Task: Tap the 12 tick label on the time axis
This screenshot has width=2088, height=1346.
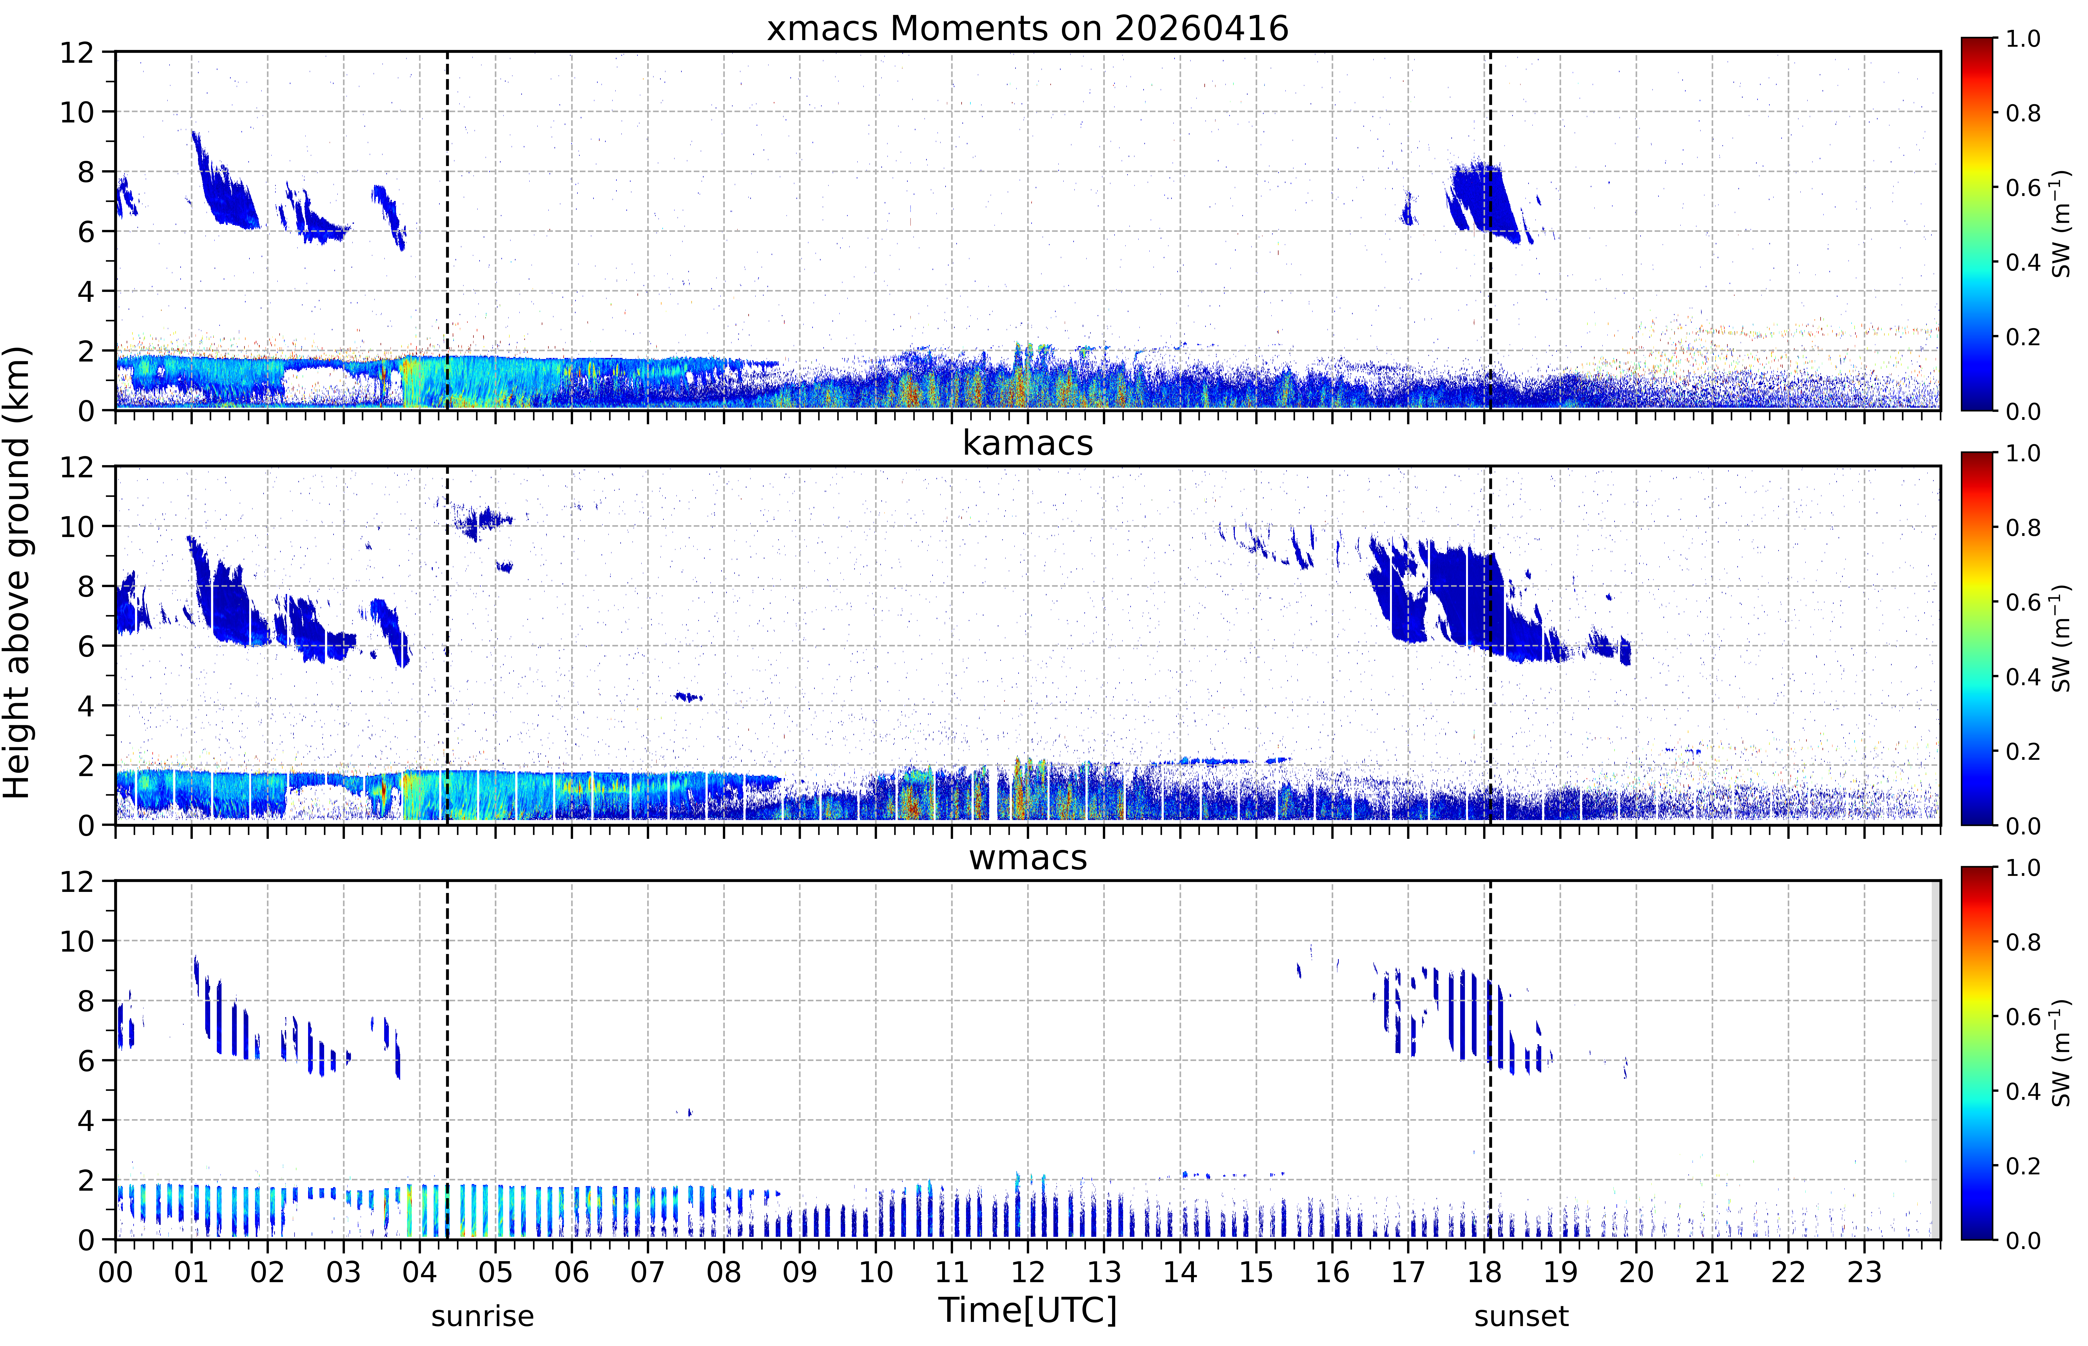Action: [1028, 1272]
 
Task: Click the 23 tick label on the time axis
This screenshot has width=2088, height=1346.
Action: [1864, 1272]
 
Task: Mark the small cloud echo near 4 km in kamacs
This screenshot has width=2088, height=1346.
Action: [689, 696]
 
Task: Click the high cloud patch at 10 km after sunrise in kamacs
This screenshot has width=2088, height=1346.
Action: [481, 522]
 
